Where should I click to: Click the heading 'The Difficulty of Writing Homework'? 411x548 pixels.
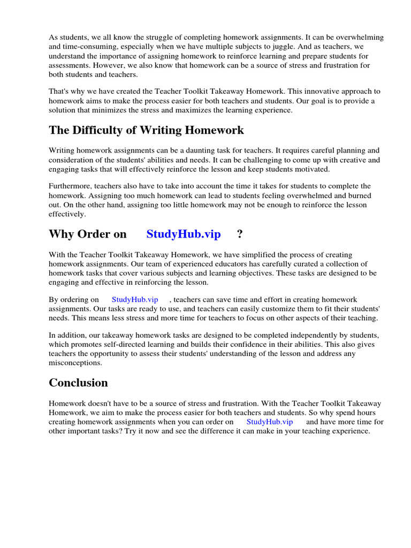point(146,130)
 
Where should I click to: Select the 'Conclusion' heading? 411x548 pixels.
point(78,383)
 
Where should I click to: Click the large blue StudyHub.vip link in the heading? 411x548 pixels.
point(184,234)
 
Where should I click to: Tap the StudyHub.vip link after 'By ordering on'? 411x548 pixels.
point(135,300)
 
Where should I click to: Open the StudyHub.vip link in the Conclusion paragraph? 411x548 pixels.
point(270,422)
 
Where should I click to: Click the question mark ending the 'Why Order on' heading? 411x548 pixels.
point(240,234)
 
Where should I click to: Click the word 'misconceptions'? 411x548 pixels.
point(75,363)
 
